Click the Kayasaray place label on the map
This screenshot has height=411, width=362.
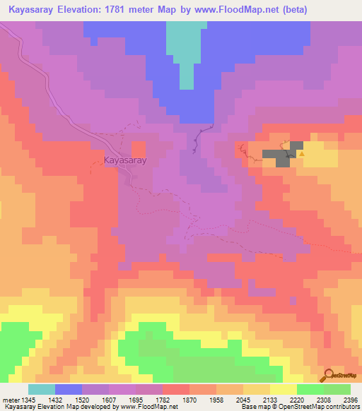(126, 161)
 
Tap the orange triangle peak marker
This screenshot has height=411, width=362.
(302, 153)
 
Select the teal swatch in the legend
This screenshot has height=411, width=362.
(42, 389)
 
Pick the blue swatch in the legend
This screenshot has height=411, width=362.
(69, 389)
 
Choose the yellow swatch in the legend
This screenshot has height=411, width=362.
(284, 389)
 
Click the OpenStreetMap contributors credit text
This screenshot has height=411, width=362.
(321, 407)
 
